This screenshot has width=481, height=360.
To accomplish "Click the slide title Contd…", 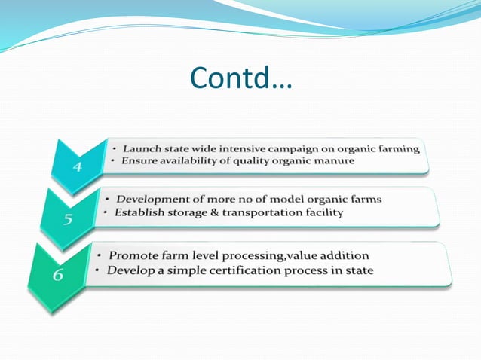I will point(240,77).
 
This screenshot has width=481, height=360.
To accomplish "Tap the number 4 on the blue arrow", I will point(78,166).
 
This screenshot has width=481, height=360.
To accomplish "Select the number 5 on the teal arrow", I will point(67,220).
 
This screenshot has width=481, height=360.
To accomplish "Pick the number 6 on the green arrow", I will point(58,274).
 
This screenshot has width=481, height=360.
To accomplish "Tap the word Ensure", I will point(139,161).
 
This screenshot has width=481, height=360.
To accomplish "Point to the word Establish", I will point(139,212).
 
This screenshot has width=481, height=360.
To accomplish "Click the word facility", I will point(323,212).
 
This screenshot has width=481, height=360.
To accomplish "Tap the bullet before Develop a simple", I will point(99,270).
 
